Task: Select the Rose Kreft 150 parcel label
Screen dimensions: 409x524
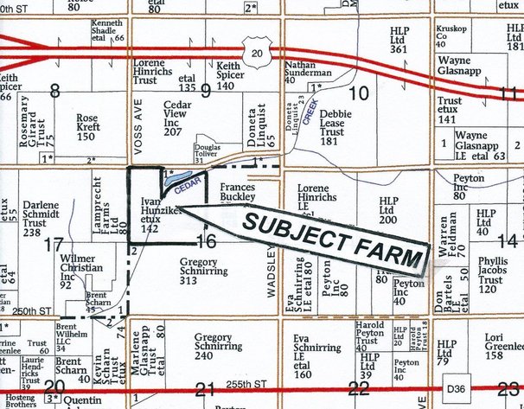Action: pyautogui.click(x=90, y=127)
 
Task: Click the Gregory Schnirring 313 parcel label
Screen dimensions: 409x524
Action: pyautogui.click(x=204, y=271)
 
